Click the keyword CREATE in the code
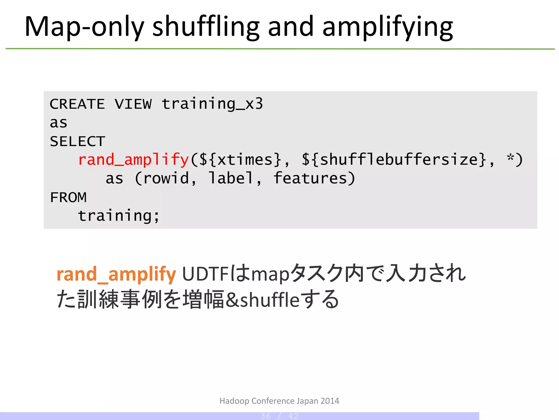tap(77, 104)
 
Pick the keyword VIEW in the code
tap(133, 104)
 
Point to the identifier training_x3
tap(212, 104)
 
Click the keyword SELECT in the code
tap(78, 141)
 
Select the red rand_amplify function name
tap(133, 160)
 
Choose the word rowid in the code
tap(166, 179)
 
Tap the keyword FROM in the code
tap(68, 197)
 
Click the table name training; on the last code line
tap(118, 216)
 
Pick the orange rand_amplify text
tap(116, 274)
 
